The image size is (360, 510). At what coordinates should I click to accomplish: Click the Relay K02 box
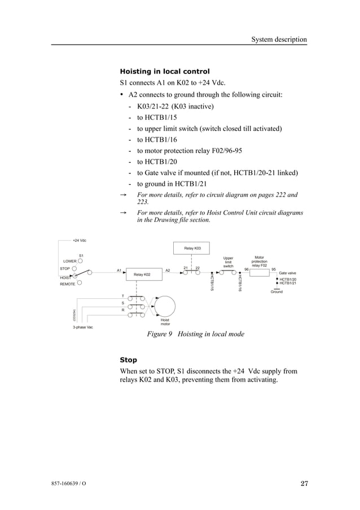point(142,274)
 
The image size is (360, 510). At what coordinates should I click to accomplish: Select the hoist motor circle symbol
point(165,306)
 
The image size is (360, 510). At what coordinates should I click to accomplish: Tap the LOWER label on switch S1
point(70,261)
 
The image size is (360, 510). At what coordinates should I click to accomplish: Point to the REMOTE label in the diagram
point(68,284)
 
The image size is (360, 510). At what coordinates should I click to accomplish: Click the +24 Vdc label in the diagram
point(78,241)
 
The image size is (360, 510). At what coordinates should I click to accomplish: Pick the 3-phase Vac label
point(84,327)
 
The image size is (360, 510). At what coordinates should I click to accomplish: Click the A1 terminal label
point(119,271)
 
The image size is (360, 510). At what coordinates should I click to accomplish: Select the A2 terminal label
point(168,271)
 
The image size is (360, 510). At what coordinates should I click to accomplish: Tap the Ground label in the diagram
point(276,292)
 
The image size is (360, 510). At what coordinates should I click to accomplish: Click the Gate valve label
point(288,273)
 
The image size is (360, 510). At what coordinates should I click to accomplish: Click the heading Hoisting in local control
point(165,71)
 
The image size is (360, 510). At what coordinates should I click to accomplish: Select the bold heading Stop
point(129,360)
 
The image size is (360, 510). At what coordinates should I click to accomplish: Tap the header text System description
point(279,40)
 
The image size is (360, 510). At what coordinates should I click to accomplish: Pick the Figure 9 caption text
point(195,334)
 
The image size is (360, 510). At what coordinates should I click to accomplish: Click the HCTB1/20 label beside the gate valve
point(288,279)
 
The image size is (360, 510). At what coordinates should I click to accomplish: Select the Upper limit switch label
point(228,262)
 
